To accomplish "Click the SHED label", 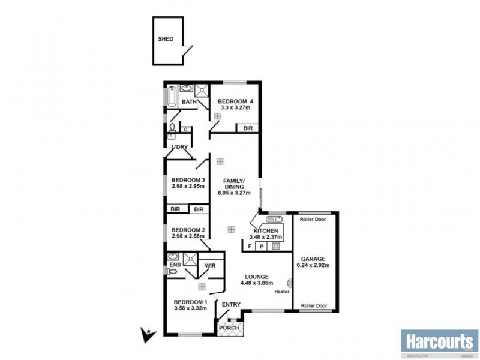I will tap(166, 39).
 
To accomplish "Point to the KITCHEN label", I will tap(266, 231).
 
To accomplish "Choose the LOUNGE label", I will tap(256, 277).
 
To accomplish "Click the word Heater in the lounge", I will tap(282, 292).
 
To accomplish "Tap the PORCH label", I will tap(229, 328).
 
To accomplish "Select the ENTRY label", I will tap(231, 305).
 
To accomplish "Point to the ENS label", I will tap(175, 264).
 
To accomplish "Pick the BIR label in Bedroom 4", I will tap(247, 128).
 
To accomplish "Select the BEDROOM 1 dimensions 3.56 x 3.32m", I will tap(190, 308).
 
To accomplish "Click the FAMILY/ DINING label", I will tap(233, 184).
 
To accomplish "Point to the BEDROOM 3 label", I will tap(189, 180).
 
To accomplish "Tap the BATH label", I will tap(190, 102).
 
